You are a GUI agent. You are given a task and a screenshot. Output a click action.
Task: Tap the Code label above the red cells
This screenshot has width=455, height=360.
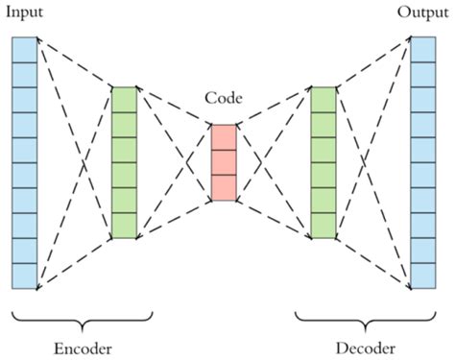(223, 100)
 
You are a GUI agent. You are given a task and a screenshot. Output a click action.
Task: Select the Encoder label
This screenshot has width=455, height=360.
(83, 346)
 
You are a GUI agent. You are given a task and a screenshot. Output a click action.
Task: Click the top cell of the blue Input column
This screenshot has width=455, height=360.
(25, 49)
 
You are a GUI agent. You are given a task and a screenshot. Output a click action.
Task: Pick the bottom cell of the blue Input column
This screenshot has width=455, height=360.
(25, 276)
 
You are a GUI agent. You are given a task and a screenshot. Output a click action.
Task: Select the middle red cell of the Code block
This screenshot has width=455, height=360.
(223, 162)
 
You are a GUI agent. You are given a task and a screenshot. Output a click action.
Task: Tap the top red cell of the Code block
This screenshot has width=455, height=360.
(223, 137)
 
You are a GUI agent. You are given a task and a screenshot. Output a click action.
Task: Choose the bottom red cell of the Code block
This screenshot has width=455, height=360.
(223, 187)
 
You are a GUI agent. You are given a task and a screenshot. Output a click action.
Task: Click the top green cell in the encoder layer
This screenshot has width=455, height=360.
(125, 99)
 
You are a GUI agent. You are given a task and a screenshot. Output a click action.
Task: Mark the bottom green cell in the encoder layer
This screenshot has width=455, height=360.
(125, 225)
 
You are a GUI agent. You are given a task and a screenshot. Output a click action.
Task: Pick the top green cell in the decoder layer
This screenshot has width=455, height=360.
(323, 99)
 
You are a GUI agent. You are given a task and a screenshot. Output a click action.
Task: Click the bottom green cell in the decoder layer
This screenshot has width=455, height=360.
(323, 225)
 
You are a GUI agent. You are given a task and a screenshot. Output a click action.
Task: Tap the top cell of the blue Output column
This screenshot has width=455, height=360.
(423, 49)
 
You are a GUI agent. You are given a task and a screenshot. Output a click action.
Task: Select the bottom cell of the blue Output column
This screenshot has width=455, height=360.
(423, 276)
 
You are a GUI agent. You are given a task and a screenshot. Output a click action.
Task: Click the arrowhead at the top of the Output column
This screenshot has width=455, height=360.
(407, 39)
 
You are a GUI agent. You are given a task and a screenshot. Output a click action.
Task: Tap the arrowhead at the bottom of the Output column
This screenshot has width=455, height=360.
(407, 285)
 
